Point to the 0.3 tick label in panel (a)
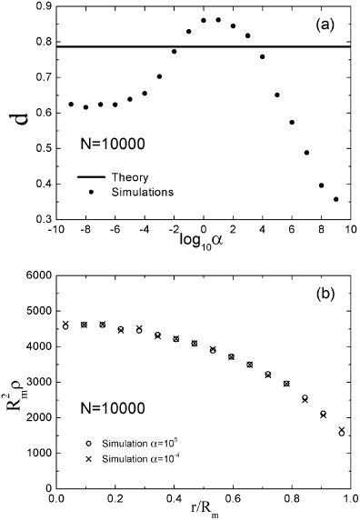click(33, 219)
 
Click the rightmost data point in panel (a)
click(336, 199)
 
